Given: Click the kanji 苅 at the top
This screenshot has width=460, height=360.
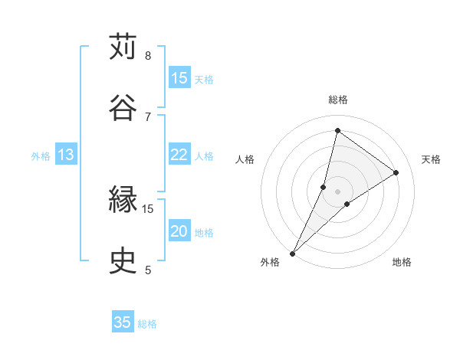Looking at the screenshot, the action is [x=123, y=47].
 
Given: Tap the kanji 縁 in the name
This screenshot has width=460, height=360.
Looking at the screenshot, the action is [x=123, y=201].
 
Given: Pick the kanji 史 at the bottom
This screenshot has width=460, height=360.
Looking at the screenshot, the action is [x=123, y=261].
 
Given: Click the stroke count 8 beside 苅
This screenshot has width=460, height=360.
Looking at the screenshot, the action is [x=148, y=56].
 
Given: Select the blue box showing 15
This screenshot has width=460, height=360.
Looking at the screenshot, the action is [x=179, y=78].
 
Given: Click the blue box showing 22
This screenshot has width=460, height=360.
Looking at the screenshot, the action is [x=179, y=155].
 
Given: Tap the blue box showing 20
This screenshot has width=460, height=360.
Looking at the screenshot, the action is [x=179, y=231].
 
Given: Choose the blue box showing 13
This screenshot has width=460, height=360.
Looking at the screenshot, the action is [x=66, y=155].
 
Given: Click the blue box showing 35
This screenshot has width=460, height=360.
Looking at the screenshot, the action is [x=123, y=322].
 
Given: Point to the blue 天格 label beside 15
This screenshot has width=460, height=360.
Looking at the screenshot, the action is [x=204, y=79].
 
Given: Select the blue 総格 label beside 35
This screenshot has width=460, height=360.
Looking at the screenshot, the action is [x=147, y=324].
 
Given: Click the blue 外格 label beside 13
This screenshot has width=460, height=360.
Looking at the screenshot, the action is [x=41, y=155].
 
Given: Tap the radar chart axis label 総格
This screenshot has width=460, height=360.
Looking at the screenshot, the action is [x=338, y=100].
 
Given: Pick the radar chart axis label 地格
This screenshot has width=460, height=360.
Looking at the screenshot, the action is [x=402, y=262].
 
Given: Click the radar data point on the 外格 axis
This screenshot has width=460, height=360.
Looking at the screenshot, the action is [x=293, y=253].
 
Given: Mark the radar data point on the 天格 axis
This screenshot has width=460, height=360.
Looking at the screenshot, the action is [x=396, y=173].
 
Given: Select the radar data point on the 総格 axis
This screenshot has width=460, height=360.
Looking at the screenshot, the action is [x=337, y=130].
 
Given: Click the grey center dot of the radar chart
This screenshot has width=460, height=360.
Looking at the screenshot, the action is [x=338, y=191].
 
